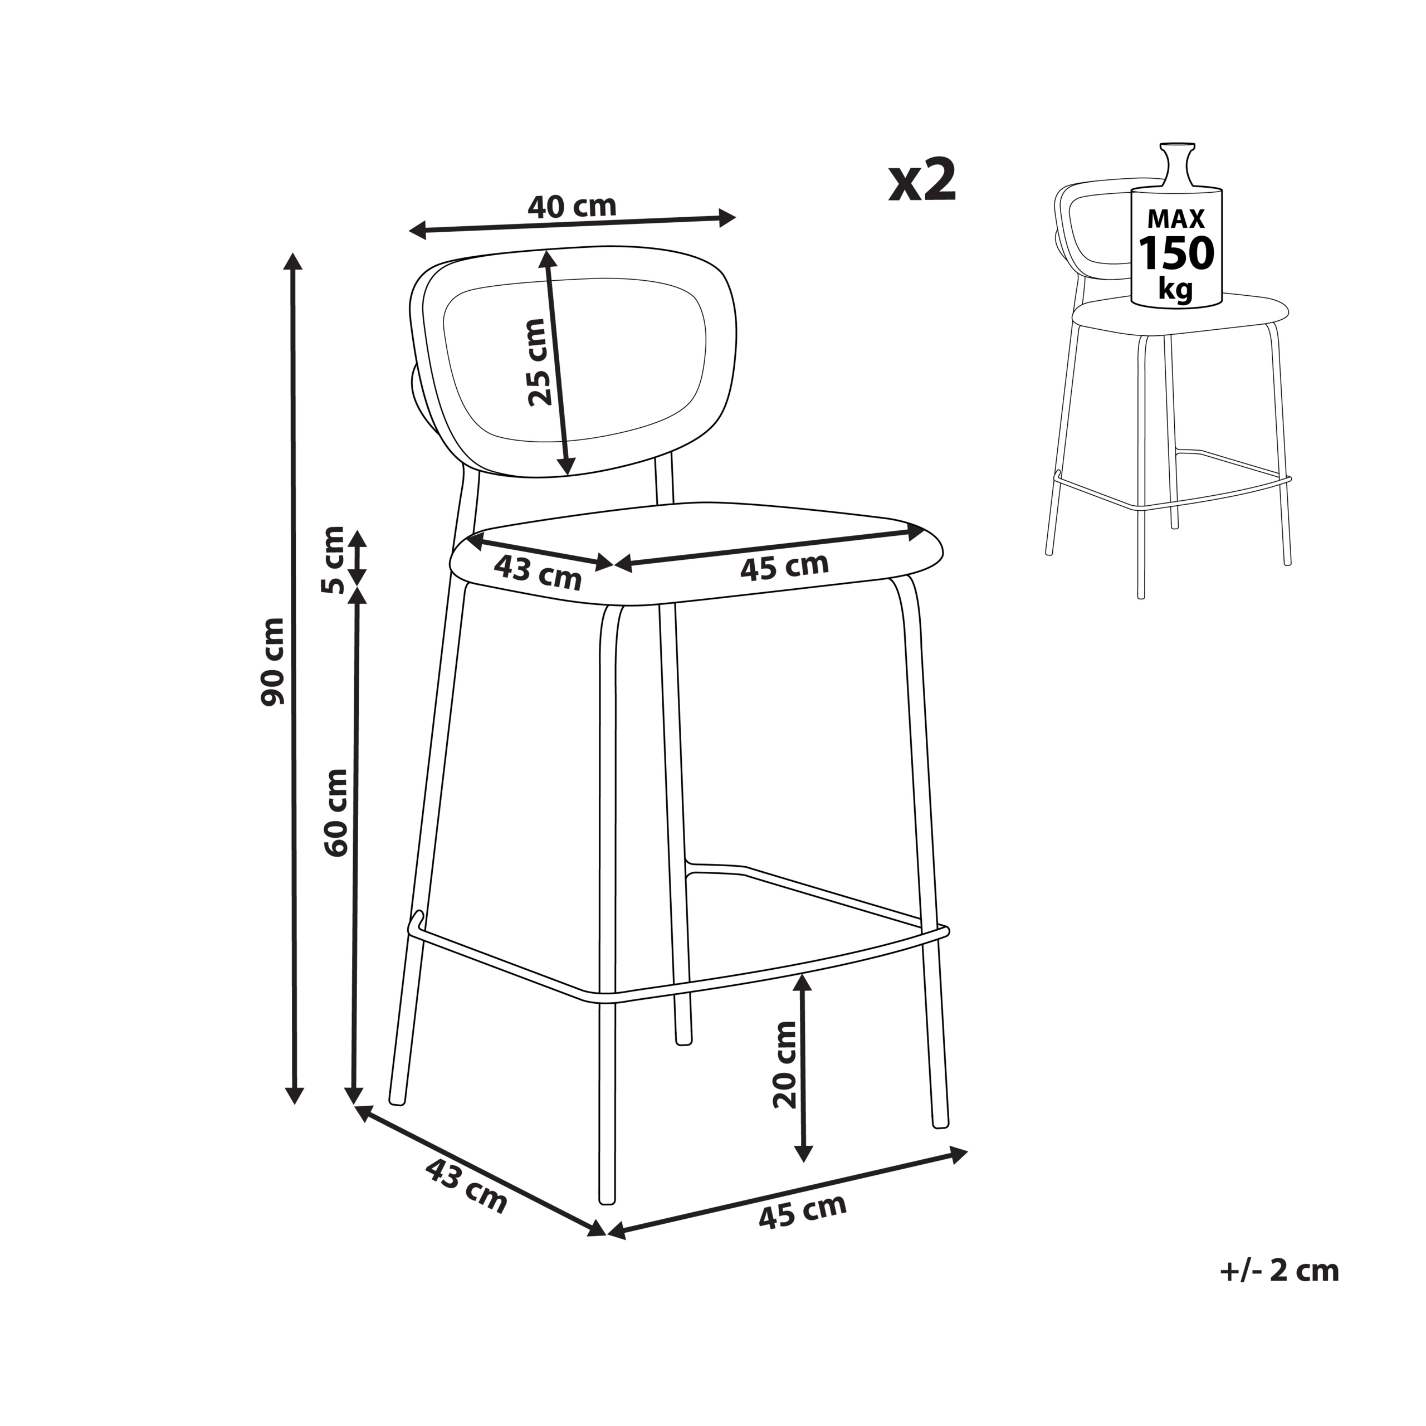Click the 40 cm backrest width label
point(572,206)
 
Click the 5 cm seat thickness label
point(333,560)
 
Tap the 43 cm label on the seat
point(538,572)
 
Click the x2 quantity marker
point(922,181)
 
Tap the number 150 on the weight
point(1176,253)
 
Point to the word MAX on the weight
point(1176,218)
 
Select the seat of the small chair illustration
point(1181,314)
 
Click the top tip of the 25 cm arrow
point(545,251)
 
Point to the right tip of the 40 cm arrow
point(736,217)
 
